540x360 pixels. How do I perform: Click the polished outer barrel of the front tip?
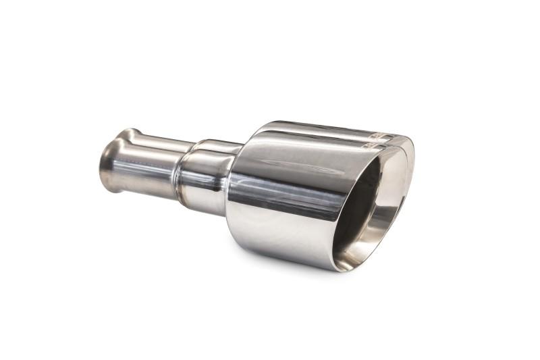[283, 203]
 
